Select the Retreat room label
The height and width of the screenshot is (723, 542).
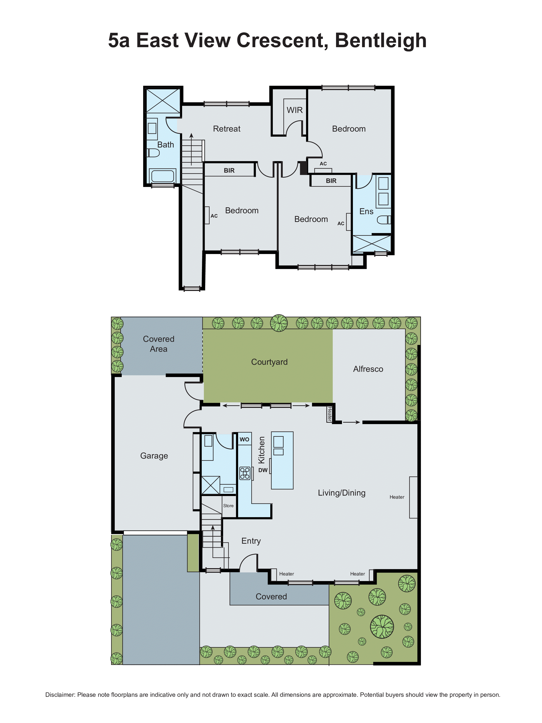(226, 129)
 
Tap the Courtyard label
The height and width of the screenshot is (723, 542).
(269, 362)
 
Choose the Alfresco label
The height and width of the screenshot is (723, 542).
(368, 369)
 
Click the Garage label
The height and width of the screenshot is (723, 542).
(154, 456)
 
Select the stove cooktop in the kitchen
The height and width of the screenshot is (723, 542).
(245, 473)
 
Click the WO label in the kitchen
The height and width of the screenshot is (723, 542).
(244, 439)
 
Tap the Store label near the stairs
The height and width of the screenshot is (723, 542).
(228, 506)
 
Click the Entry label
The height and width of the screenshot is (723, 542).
(251, 541)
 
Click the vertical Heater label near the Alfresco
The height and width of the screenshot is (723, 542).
(329, 414)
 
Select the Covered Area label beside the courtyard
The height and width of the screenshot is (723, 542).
(158, 344)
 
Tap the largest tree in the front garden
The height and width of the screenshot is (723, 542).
(382, 627)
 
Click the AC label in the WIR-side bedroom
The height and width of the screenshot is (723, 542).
(323, 164)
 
